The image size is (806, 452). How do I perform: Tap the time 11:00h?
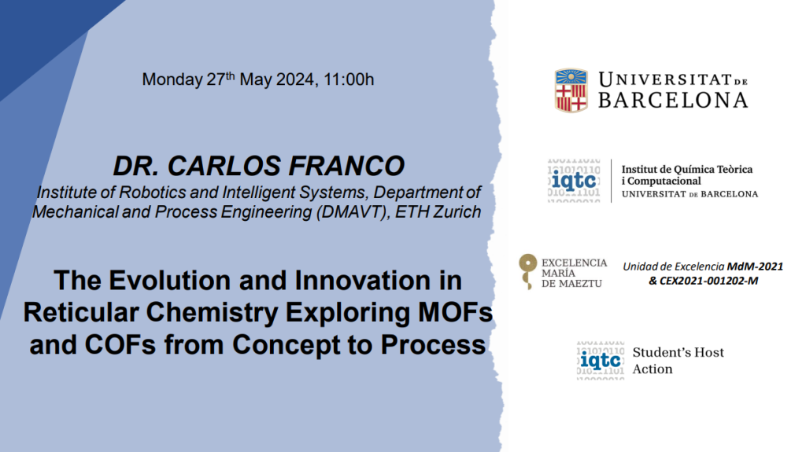(x=349, y=79)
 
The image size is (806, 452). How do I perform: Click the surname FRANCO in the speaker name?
(x=346, y=166)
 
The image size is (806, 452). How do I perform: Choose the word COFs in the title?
(x=120, y=344)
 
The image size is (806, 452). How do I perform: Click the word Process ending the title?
(x=433, y=344)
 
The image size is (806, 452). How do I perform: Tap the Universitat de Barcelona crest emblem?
(x=571, y=90)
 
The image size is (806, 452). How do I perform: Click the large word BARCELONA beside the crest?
(x=673, y=100)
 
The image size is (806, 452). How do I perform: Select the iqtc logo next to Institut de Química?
(x=574, y=180)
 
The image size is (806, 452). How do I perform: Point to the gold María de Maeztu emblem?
(x=527, y=271)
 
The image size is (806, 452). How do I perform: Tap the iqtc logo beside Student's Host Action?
(x=601, y=360)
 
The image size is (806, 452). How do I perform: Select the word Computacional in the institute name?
(x=664, y=182)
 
